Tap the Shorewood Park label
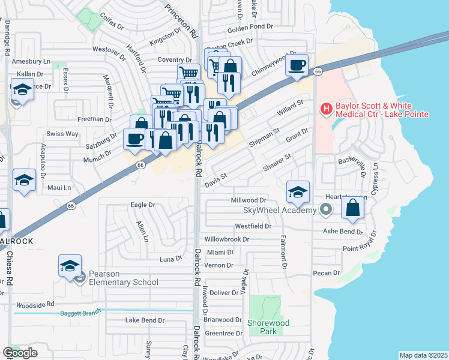click(x=268, y=327)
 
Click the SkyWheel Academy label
click(x=279, y=210)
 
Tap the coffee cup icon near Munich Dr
click(x=134, y=139)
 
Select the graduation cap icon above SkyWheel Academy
click(x=298, y=192)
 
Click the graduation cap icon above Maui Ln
click(x=24, y=180)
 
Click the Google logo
click(x=20, y=353)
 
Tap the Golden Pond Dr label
click(x=250, y=28)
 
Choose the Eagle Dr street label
click(x=143, y=205)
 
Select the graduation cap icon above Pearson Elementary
click(x=70, y=265)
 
